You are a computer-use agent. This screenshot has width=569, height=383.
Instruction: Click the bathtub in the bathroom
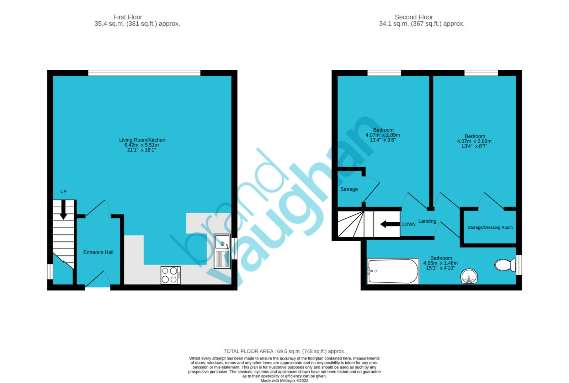coord(393,271)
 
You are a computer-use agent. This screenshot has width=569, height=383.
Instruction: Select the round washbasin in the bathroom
coord(469,276)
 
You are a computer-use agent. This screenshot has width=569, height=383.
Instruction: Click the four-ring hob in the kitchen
coord(170,275)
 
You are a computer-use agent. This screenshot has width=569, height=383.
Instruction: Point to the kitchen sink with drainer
coord(222,251)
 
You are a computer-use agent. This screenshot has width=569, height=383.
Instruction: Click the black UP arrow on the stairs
coord(63,210)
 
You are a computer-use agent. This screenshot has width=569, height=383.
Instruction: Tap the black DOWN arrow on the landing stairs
coord(390,224)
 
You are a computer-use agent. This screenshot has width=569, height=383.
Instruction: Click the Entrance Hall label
coord(98,252)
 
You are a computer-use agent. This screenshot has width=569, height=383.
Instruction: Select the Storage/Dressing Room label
coord(490,227)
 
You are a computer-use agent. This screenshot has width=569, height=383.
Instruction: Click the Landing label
coord(427,221)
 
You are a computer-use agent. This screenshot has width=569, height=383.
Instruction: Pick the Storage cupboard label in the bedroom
coord(349,189)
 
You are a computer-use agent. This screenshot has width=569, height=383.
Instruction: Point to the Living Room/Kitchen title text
coord(142,140)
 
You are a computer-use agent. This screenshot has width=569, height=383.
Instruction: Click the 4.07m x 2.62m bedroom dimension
coord(474,141)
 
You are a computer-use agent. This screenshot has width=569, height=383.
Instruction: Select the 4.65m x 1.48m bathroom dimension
coord(440,263)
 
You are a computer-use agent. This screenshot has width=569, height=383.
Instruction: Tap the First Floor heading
coord(128,17)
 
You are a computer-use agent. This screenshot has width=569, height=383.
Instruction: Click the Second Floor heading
coord(414,17)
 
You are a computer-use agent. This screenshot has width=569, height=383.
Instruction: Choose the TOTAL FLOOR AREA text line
coord(284,351)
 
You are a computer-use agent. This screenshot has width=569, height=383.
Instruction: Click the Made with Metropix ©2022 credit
coord(284,381)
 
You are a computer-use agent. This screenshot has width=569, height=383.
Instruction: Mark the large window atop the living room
coord(144,73)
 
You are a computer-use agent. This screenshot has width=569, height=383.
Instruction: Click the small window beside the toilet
coord(519,265)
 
